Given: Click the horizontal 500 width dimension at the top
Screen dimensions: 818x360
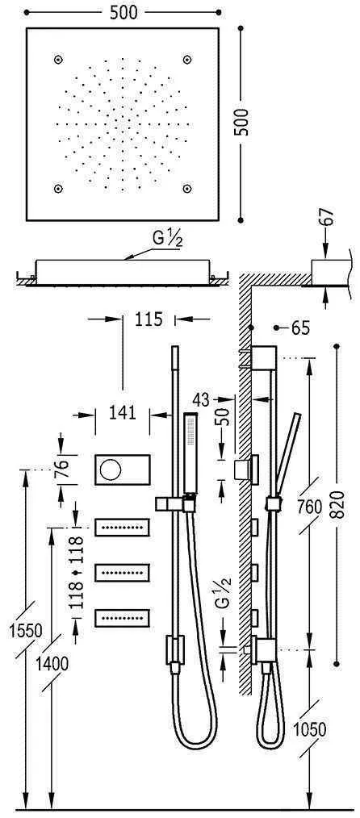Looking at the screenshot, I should point(123,11).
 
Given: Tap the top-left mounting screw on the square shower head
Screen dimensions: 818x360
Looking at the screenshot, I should point(58,59).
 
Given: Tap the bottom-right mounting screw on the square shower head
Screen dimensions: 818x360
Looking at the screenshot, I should point(187,188).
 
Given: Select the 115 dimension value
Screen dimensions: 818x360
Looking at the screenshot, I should point(150,319).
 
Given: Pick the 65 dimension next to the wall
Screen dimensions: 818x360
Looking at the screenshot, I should point(300,328).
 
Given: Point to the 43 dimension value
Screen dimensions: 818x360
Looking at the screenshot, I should point(203,399).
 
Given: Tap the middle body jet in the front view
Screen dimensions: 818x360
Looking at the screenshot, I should point(123,572).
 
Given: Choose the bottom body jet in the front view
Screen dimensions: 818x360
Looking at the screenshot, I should point(123,617).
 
